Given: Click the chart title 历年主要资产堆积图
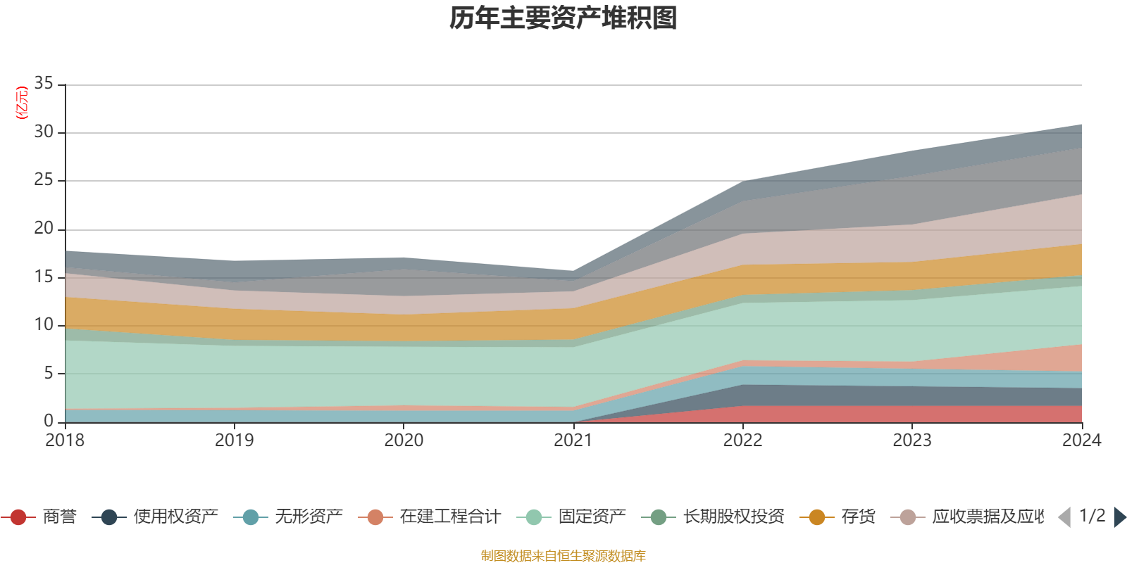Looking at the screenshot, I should (563, 18).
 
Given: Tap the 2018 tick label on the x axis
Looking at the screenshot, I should (65, 441).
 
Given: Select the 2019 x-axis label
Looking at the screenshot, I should (235, 441).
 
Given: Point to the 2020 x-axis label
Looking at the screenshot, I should (404, 441).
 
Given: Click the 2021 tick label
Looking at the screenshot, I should (573, 441).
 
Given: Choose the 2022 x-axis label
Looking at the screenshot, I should (742, 441).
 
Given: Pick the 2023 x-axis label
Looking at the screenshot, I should (912, 441).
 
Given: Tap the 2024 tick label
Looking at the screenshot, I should (1081, 441).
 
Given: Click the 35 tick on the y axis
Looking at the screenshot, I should (44, 84).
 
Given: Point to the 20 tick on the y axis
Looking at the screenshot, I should (44, 229).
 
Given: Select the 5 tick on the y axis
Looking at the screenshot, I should (49, 373).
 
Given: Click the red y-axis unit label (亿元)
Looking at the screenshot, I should (22, 103).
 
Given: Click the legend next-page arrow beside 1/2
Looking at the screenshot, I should (1119, 517).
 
